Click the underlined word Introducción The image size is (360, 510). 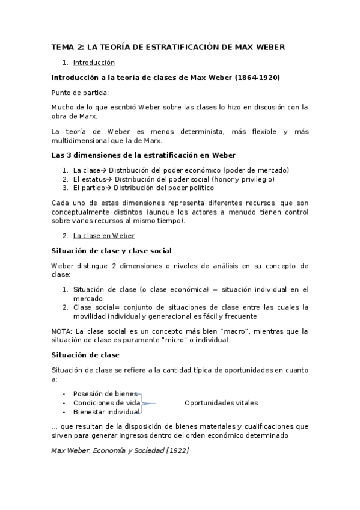(94, 63)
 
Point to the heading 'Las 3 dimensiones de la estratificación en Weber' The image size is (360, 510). (143, 155)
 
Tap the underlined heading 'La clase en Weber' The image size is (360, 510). (104, 236)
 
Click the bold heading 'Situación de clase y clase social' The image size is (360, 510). (112, 250)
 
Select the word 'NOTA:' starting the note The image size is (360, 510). (63, 331)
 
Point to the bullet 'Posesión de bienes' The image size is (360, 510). (105, 394)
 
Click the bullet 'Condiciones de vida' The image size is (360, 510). (107, 402)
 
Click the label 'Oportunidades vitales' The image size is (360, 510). (221, 402)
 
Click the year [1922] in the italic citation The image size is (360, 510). (174, 450)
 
